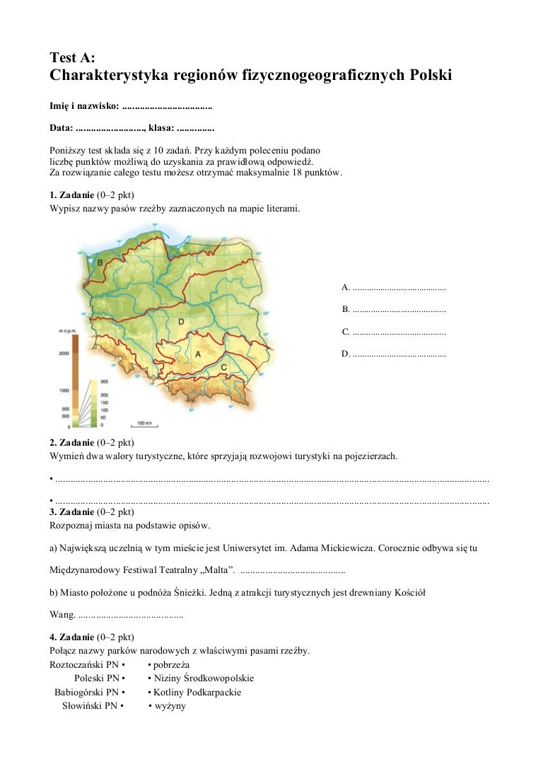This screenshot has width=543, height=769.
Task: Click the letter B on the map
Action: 100,262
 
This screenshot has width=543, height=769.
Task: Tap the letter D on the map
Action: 181,322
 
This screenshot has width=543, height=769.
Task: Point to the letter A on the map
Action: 198,353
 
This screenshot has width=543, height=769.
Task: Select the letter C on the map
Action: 223,367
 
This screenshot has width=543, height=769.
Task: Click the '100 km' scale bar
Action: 145,424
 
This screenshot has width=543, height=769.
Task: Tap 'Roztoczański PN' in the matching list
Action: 83,665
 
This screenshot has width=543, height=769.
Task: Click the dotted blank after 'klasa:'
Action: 195,129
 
